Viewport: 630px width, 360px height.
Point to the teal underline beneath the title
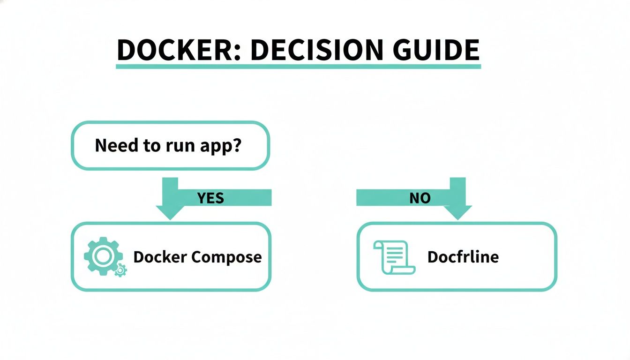click(x=298, y=67)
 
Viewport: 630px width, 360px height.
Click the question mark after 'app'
click(x=236, y=145)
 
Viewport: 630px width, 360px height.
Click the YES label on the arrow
click(x=211, y=198)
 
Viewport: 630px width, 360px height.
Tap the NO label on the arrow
click(x=420, y=198)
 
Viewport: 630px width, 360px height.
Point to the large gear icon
click(x=102, y=255)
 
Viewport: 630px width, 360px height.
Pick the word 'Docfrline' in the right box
click(x=463, y=257)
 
